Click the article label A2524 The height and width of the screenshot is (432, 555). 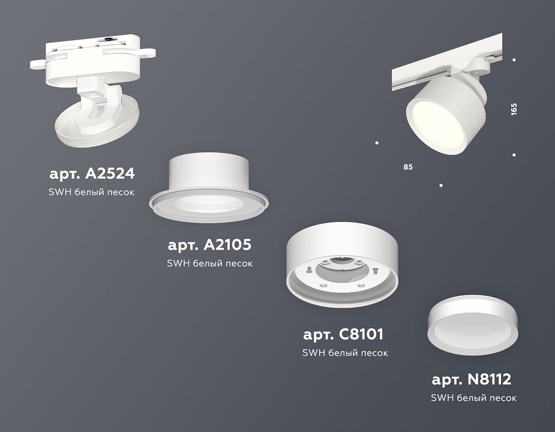pos(92,174)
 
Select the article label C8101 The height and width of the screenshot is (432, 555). pos(343,334)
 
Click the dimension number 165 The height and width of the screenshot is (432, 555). pos(514,109)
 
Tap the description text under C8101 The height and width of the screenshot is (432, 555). pos(345,353)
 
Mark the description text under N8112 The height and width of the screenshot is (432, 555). pos(473,398)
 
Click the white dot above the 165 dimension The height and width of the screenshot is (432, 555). pos(514,60)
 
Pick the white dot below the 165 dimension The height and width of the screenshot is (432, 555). pos(514,155)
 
